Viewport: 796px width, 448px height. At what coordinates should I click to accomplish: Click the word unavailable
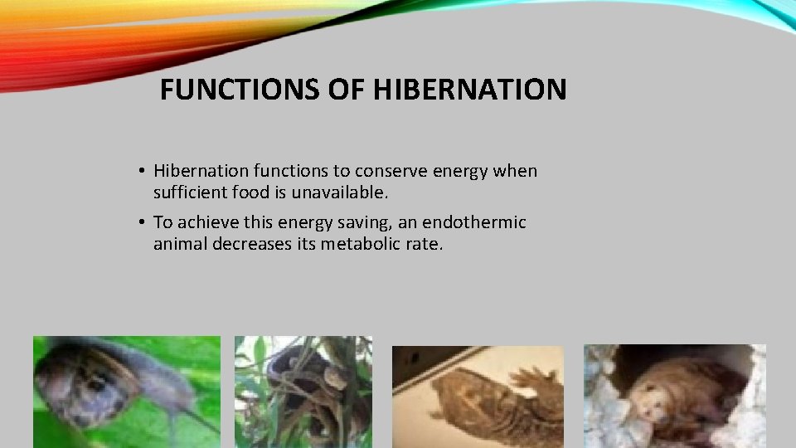(x=347, y=192)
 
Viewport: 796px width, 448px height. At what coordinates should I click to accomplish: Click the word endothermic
(x=475, y=222)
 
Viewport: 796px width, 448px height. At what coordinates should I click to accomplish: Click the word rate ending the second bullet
(x=425, y=244)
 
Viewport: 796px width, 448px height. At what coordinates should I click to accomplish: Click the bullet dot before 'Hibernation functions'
(x=143, y=172)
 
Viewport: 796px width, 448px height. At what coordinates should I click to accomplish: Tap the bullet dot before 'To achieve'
(x=143, y=223)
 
